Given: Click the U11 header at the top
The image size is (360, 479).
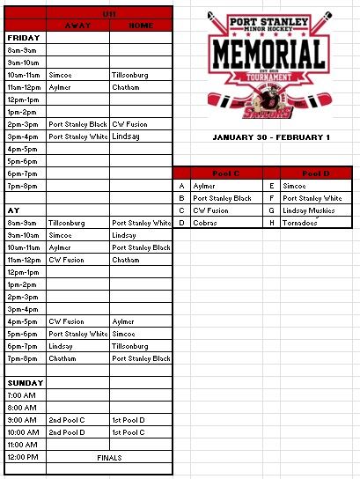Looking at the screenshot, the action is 109,15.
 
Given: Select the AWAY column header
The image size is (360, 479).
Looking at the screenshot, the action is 77,26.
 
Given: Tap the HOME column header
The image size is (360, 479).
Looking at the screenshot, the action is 140,26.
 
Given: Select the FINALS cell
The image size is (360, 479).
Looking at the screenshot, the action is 109,458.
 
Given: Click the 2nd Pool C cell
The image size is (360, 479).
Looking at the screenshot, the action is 67,420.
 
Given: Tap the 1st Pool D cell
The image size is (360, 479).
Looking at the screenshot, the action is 129,420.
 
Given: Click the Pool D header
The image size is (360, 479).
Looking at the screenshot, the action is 313,173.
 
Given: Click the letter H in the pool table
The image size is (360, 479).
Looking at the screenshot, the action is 273,223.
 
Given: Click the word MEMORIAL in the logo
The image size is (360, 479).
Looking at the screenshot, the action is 268,54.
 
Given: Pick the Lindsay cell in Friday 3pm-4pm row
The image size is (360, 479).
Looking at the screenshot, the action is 127,136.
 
